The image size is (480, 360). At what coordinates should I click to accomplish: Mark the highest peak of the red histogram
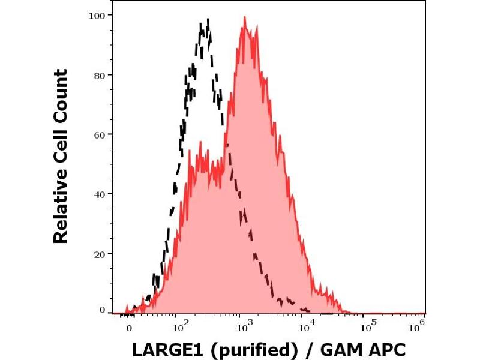245,17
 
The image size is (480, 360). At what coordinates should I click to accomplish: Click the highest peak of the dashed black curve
208,20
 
